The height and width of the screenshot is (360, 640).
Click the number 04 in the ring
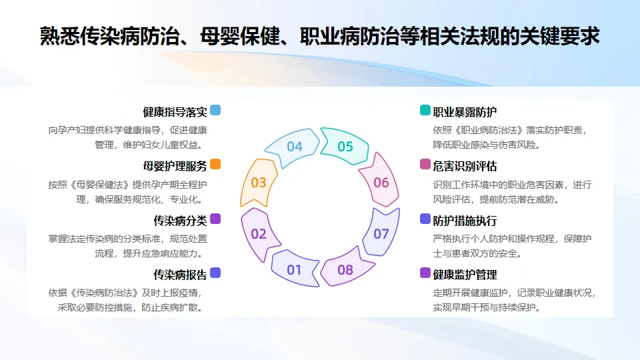click(295, 147)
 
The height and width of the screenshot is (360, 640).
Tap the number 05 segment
click(345, 147)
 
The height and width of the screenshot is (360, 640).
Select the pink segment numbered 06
click(381, 183)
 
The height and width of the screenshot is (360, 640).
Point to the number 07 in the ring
click(381, 234)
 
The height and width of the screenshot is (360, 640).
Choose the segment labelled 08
click(345, 270)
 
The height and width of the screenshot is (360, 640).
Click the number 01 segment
click(294, 270)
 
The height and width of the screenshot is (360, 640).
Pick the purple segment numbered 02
click(259, 234)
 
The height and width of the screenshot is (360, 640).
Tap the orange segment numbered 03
click(259, 183)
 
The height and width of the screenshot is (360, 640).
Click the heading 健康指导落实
click(175, 111)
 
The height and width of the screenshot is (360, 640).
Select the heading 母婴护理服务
click(175, 166)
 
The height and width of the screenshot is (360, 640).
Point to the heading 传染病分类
click(180, 221)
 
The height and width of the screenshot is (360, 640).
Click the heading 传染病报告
click(180, 275)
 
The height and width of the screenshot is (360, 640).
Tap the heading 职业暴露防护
click(465, 111)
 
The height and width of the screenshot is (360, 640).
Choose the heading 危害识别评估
click(465, 166)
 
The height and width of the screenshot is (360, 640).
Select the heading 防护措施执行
click(465, 221)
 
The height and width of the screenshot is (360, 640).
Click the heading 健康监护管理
click(465, 275)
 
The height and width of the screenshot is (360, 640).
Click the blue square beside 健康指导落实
click(215, 110)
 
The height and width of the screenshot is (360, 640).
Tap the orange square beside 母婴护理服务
click(215, 164)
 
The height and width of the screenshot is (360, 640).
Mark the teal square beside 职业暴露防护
click(425, 110)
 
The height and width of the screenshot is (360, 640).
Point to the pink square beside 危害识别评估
click(425, 164)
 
